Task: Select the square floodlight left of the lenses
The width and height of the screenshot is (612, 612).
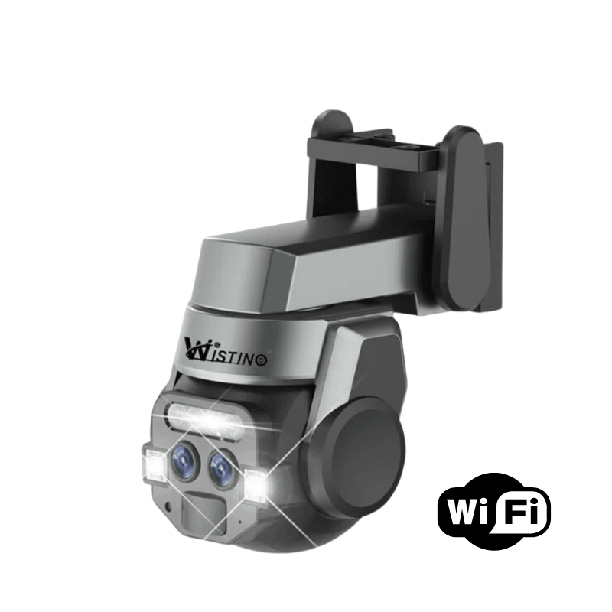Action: pos(153,464)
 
